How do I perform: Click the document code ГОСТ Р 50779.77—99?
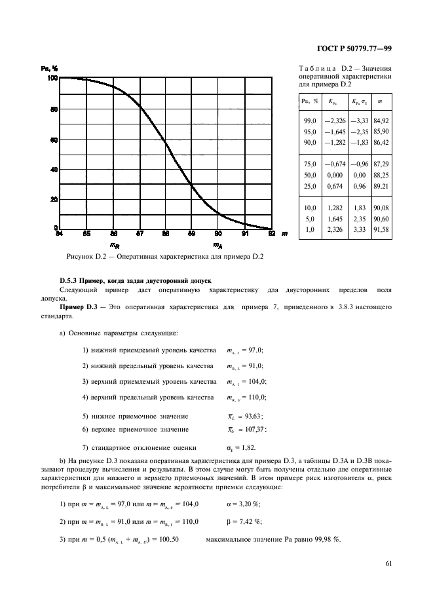354,48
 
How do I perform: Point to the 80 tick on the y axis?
54,109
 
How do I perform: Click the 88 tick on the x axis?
165,233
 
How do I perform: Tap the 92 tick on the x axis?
271,233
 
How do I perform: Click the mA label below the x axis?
217,245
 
